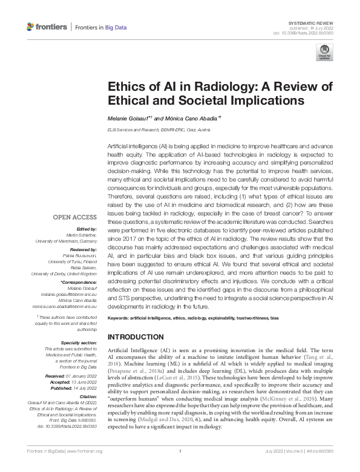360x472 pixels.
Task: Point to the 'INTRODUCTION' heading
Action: pyautogui.click(x=135, y=337)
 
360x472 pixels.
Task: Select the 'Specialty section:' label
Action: pyautogui.click(x=79, y=343)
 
